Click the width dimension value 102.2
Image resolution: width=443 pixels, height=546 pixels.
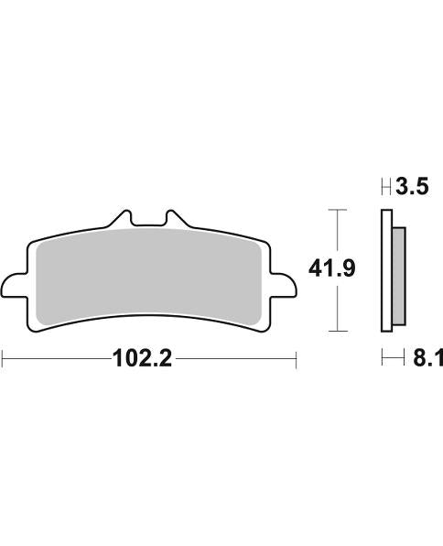141,359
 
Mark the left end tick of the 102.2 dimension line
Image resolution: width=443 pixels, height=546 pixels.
3,359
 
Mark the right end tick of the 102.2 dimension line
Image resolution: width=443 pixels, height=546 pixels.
297,359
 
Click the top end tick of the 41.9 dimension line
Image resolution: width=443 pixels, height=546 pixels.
339,211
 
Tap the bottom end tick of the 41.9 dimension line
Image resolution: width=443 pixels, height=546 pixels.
339,330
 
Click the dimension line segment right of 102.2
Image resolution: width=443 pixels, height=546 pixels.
233,359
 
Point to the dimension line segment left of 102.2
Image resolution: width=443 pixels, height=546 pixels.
55,359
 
